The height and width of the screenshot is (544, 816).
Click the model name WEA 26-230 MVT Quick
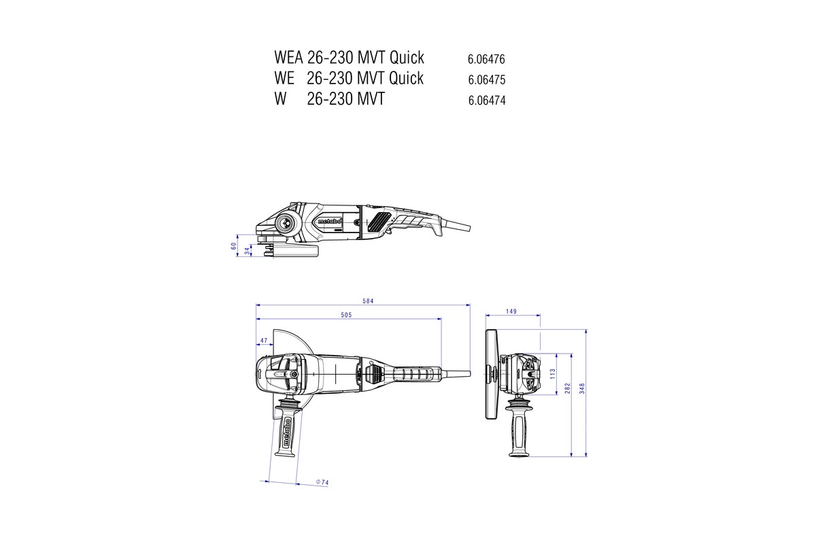(x=349, y=56)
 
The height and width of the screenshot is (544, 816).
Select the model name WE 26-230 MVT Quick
(x=349, y=78)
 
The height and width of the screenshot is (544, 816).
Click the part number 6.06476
(x=486, y=59)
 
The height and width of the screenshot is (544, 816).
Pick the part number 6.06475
(x=486, y=80)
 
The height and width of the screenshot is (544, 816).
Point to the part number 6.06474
(x=486, y=101)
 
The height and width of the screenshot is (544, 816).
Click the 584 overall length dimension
(x=369, y=301)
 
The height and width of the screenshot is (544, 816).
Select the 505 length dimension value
(x=346, y=314)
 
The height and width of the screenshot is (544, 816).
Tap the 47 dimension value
(x=262, y=340)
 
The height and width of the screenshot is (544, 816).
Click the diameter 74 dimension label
(x=322, y=482)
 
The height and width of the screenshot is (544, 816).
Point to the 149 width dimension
(x=511, y=311)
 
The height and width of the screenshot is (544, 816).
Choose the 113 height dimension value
(x=552, y=373)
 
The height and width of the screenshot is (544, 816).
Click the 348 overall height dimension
(x=583, y=389)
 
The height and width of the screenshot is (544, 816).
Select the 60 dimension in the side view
(x=233, y=245)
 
